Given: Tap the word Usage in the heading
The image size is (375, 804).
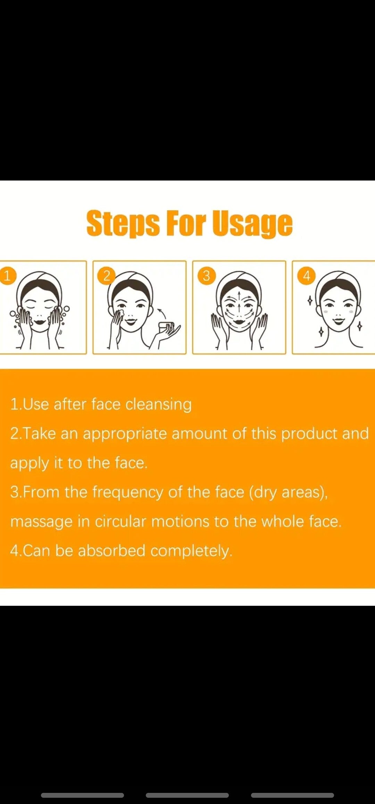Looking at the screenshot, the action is coord(252,224).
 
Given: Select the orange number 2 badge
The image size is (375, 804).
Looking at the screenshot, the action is coord(107,276).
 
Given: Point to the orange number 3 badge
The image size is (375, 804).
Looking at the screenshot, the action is coord(206,276).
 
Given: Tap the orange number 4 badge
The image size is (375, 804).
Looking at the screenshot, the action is coord(306,276).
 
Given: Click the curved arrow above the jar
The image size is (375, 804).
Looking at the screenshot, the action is coord(162,313).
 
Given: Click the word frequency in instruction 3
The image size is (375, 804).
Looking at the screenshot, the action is coord(127,493).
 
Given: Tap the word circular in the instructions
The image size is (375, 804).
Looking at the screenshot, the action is coord(120,521).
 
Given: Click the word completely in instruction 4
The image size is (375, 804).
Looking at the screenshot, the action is coord(191,551).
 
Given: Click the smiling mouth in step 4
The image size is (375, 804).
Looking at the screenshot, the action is coord(339,319).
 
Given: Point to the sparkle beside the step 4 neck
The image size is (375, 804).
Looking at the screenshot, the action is coord(359,326).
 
